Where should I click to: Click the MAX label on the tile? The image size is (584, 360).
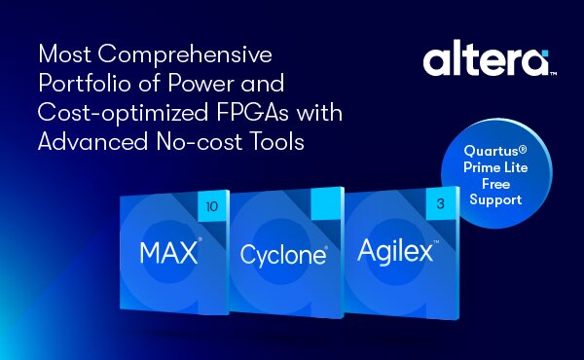[167, 255]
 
